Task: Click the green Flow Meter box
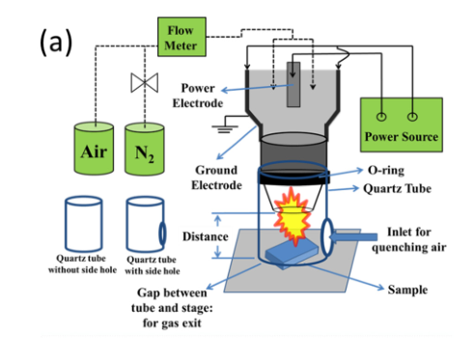tap(181, 37)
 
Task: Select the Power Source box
tap(402, 125)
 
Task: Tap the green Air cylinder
tap(94, 149)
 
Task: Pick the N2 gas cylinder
tap(145, 149)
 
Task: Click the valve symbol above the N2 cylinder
tap(145, 83)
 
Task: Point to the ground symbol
tap(225, 128)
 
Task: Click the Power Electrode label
tap(198, 96)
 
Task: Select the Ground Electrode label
tap(216, 178)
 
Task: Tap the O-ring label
tap(386, 170)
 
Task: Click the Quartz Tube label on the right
tap(397, 188)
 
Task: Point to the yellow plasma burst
tap(292, 217)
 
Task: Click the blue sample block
tap(292, 254)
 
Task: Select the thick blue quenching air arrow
tap(353, 237)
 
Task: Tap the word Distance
tap(206, 236)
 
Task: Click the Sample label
tap(407, 290)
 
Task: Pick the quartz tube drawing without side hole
tap(84, 224)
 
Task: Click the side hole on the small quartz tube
tap(162, 233)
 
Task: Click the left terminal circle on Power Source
tap(381, 117)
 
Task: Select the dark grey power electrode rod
tap(293, 84)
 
